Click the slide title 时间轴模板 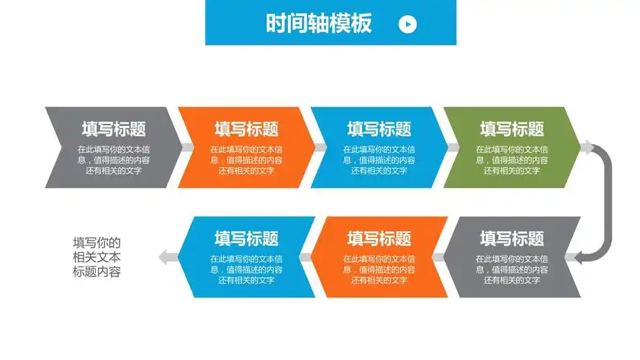pos(318,24)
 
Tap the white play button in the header pos(407,24)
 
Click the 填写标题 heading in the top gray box pos(113,130)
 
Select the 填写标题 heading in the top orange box pos(246,130)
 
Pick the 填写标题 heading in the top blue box pos(379,130)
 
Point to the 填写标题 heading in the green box pos(512,130)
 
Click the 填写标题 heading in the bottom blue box pos(246,238)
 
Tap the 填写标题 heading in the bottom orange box pos(379,238)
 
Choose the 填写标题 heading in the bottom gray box pos(512,238)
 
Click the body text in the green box pos(512,160)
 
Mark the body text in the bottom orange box pos(379,269)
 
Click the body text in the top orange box pos(246,160)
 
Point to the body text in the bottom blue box pos(246,269)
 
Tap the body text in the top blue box pos(379,160)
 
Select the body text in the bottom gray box pos(512,269)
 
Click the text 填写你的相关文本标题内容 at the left pos(96,257)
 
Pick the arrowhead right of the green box pos(588,148)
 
